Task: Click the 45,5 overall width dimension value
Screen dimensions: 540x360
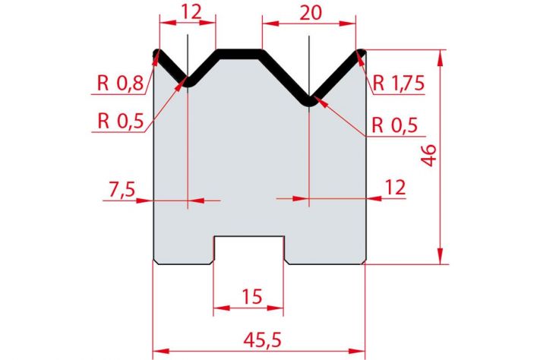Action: pyautogui.click(x=262, y=339)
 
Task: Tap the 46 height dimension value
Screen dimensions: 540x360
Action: pyautogui.click(x=429, y=156)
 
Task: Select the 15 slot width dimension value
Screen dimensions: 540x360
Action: pyautogui.click(x=252, y=296)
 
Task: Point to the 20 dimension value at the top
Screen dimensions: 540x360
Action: pyautogui.click(x=311, y=13)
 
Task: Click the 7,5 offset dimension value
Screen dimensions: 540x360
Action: pyautogui.click(x=122, y=189)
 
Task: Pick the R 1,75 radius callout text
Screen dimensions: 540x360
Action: pyautogui.click(x=398, y=83)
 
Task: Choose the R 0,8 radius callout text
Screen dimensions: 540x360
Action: pyautogui.click(x=120, y=83)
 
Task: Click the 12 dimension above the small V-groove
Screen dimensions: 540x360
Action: pyautogui.click(x=191, y=12)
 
